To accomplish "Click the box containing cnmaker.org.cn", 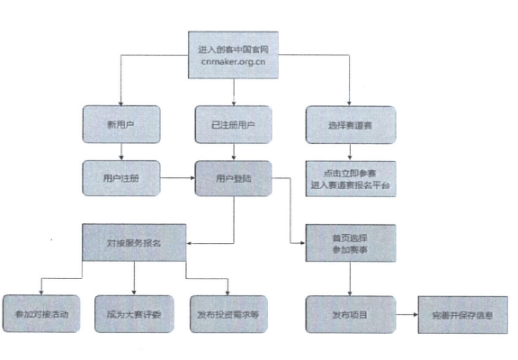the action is (233, 55).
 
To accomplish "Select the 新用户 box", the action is (121, 124).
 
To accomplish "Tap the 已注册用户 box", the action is (233, 124).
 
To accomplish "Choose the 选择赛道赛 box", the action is (351, 125).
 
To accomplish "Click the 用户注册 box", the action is (121, 178).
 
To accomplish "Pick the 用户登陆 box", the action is (233, 178).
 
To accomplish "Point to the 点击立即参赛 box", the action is (351, 179).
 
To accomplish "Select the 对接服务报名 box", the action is (134, 243).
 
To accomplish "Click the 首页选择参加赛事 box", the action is (351, 243).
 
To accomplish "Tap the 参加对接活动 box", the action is (41, 314).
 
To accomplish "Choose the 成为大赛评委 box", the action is (134, 314).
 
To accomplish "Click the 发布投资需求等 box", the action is (228, 314).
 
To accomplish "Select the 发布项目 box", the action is (351, 314).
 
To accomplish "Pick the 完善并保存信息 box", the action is (463, 315).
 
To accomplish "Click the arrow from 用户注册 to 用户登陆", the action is (178, 178).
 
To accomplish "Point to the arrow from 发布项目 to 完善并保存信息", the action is (407, 314).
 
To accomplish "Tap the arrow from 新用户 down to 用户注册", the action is (121, 152).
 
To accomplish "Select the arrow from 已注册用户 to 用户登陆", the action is (234, 152).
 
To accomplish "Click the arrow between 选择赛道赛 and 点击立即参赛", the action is (350, 152).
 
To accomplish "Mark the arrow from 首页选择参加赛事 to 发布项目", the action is (350, 279).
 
